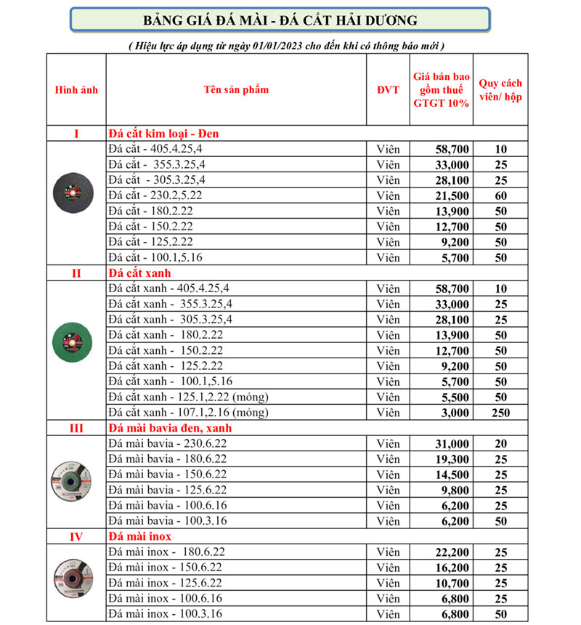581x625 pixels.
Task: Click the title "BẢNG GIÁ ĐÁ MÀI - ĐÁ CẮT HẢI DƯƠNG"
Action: (x=280, y=20)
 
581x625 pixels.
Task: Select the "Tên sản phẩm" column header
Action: (x=236, y=90)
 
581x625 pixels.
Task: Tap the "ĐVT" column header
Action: (x=388, y=90)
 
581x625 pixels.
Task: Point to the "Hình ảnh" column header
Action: (x=76, y=90)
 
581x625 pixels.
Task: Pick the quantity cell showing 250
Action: (x=500, y=413)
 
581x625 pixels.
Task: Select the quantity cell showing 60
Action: (x=500, y=195)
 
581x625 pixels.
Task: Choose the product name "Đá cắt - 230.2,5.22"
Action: (x=156, y=195)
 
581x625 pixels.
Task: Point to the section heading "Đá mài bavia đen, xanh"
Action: (x=170, y=428)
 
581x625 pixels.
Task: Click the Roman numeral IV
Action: (x=76, y=537)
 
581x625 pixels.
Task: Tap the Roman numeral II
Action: (x=76, y=273)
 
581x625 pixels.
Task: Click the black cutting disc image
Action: (x=76, y=195)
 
